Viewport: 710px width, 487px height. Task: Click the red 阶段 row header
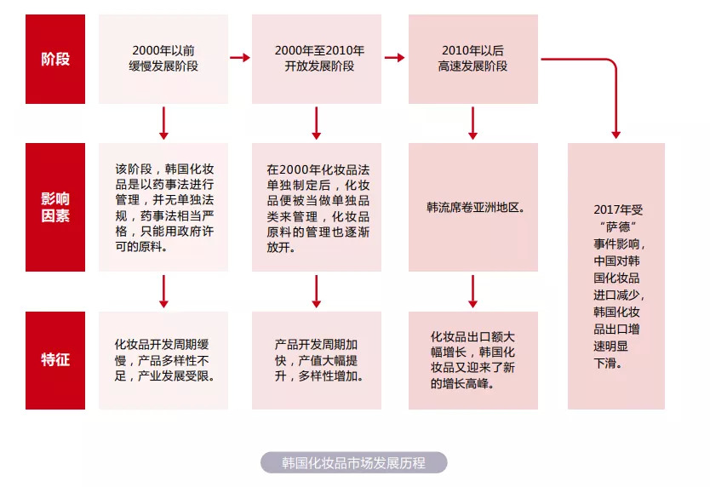click(55, 59)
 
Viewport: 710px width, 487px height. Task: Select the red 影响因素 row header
click(55, 207)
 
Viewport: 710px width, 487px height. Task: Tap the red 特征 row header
click(55, 360)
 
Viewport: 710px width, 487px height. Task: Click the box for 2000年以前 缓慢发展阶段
click(163, 59)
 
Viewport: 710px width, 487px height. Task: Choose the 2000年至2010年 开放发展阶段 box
click(317, 59)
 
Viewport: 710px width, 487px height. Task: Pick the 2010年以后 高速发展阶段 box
click(473, 59)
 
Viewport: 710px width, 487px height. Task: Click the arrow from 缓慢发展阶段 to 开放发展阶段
click(240, 58)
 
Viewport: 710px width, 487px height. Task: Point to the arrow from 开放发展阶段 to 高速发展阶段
click(395, 58)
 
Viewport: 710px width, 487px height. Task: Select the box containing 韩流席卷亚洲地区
click(473, 207)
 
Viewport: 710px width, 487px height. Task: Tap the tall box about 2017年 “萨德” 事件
click(616, 276)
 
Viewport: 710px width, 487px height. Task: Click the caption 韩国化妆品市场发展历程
click(353, 462)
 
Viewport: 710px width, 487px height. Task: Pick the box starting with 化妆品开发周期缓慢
click(163, 360)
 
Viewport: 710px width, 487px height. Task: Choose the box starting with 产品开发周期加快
click(317, 360)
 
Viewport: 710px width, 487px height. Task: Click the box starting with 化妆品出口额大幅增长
click(473, 360)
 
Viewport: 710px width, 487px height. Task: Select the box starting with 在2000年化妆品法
click(317, 207)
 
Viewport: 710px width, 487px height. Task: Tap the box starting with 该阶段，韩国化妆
click(163, 207)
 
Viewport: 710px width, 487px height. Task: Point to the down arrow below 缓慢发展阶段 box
click(163, 123)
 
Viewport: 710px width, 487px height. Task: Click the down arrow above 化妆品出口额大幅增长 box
click(472, 291)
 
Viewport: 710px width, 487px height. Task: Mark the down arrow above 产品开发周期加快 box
click(317, 291)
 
